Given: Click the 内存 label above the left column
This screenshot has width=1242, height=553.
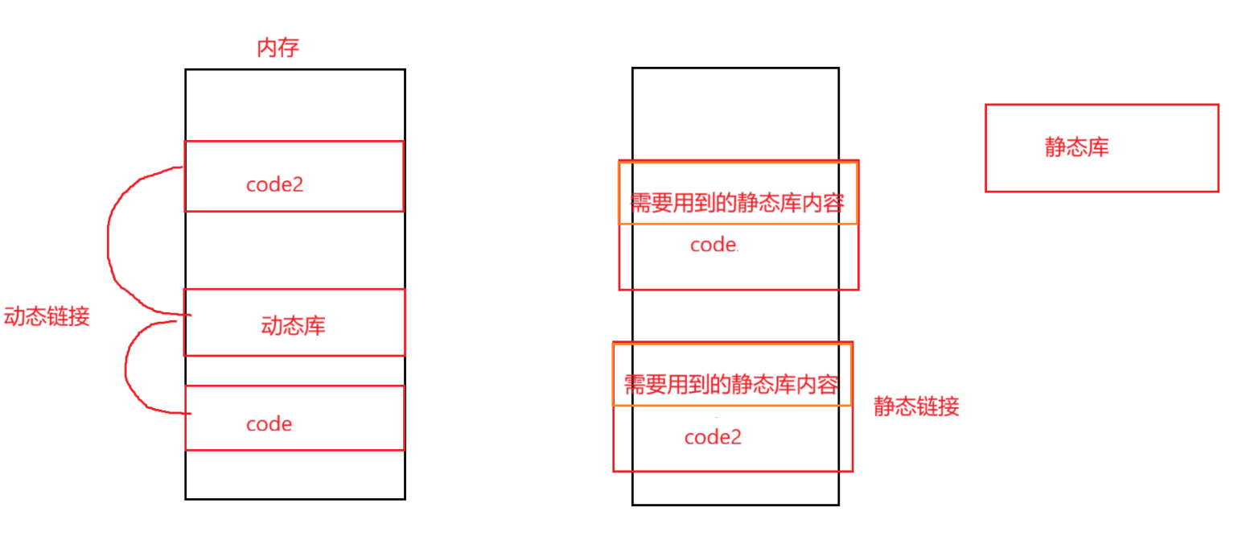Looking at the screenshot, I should click(x=278, y=48).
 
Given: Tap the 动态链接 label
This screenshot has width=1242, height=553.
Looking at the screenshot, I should click(x=46, y=316).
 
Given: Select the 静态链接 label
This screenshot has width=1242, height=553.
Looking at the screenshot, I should click(x=916, y=406).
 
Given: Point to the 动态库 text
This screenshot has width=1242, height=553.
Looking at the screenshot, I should click(x=293, y=326).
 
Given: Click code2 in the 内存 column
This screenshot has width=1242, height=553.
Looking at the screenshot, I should click(x=274, y=184).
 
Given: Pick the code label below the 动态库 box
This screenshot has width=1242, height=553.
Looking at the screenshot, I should click(x=269, y=424).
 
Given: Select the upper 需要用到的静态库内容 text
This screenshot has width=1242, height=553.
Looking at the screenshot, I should click(x=736, y=202).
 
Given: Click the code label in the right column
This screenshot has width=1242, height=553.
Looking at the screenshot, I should click(x=714, y=246).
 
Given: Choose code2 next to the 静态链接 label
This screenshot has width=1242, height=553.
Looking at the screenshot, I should click(x=712, y=437).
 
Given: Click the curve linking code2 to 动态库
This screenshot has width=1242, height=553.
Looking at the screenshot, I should click(x=109, y=241).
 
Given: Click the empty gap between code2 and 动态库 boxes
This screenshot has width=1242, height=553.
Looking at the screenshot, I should click(x=294, y=250).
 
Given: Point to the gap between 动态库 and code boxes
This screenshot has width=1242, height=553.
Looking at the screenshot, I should click(x=294, y=370).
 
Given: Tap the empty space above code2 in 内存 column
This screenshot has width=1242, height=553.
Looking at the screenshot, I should click(x=294, y=105).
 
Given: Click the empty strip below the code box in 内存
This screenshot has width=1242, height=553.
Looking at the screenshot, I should click(x=294, y=475).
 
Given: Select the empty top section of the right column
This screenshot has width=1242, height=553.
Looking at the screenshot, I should click(x=735, y=113).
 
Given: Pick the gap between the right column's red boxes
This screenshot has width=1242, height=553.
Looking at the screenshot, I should click(x=735, y=316).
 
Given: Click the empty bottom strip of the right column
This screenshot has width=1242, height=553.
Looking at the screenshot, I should click(x=735, y=488).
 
